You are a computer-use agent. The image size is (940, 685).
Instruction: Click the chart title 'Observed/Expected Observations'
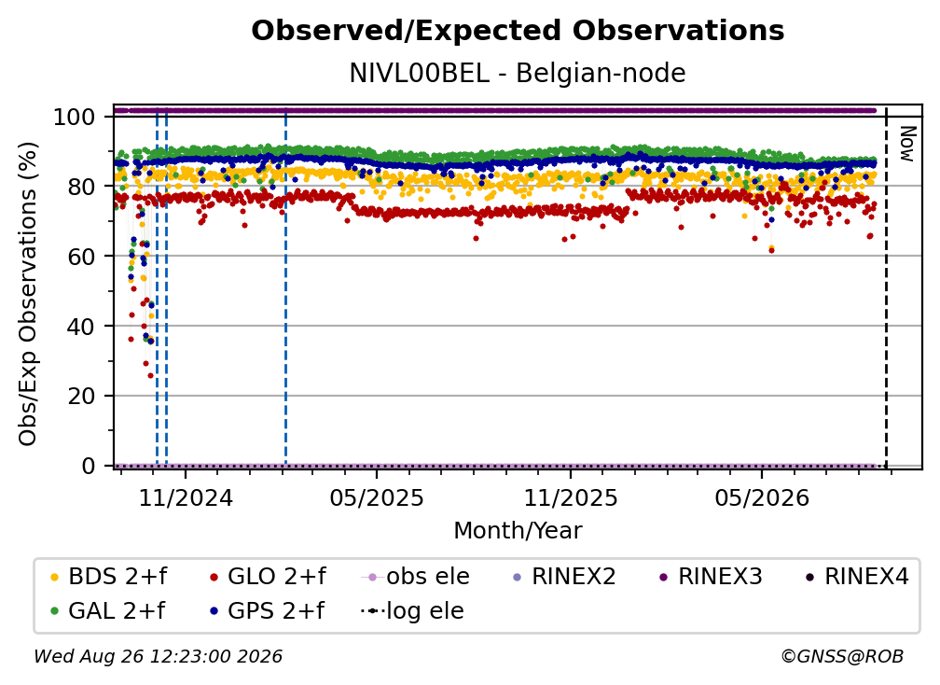tap(518, 31)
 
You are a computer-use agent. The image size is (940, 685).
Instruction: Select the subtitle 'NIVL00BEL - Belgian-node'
tap(518, 74)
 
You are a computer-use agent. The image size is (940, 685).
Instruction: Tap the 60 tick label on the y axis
tap(81, 257)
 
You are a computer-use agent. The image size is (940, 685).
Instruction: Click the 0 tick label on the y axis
tap(89, 466)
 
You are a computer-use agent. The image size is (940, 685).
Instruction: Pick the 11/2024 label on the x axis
tap(186, 497)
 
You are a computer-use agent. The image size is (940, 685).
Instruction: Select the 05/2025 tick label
tap(377, 497)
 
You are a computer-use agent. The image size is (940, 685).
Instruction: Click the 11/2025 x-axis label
tap(571, 497)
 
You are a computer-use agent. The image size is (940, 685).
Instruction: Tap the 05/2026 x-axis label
tap(762, 497)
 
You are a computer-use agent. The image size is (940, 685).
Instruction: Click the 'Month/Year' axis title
tap(518, 531)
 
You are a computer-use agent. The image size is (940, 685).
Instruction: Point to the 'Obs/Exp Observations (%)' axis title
tap(28, 294)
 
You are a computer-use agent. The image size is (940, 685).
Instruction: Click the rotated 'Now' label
tap(907, 144)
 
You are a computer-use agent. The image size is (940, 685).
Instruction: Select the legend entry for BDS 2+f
tap(108, 577)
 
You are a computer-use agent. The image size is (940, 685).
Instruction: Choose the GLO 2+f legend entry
tap(268, 577)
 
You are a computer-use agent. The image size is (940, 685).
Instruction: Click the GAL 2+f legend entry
tap(107, 611)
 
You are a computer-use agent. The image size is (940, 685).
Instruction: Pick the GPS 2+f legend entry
tap(267, 611)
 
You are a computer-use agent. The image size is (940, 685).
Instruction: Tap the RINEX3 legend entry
tap(711, 577)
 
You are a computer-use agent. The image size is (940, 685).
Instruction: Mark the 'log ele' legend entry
tap(412, 611)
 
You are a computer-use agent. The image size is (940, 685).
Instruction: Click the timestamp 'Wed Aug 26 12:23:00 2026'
tap(158, 657)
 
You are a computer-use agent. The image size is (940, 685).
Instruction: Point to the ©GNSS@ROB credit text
tap(842, 657)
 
